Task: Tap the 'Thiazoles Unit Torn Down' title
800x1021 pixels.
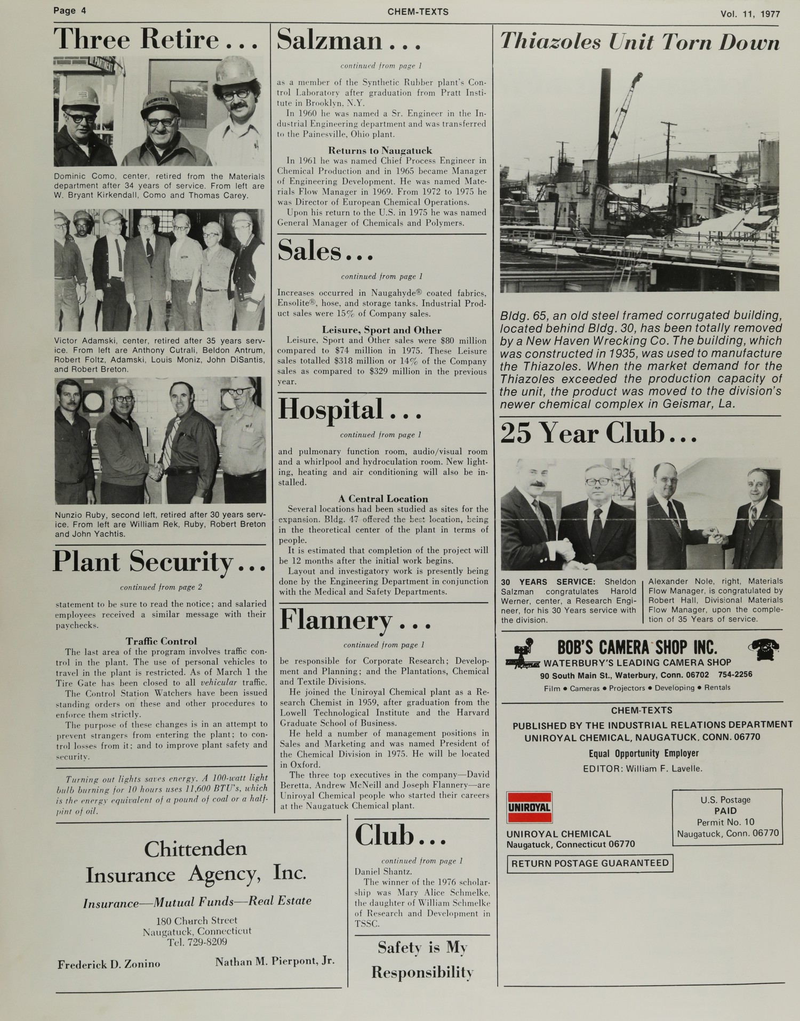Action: pyautogui.click(x=639, y=42)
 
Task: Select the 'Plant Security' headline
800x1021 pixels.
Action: pyautogui.click(x=159, y=562)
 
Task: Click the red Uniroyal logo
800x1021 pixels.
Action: pyautogui.click(x=529, y=807)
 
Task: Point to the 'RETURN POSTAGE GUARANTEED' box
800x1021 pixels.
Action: pyautogui.click(x=590, y=863)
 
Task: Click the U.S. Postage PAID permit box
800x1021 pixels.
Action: pyautogui.click(x=727, y=816)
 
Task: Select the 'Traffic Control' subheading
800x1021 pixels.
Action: pyautogui.click(x=161, y=641)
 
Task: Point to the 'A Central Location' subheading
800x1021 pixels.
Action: pyautogui.click(x=383, y=499)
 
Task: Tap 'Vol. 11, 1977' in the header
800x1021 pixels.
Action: pyautogui.click(x=750, y=14)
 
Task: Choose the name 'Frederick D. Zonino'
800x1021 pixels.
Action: pyautogui.click(x=109, y=964)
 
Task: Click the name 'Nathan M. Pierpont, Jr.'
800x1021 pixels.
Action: pyautogui.click(x=275, y=961)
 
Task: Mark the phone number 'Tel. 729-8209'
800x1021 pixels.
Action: pyautogui.click(x=197, y=942)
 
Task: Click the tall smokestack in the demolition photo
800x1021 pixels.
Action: pyautogui.click(x=605, y=123)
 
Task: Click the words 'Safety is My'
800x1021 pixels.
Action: pyautogui.click(x=422, y=947)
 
